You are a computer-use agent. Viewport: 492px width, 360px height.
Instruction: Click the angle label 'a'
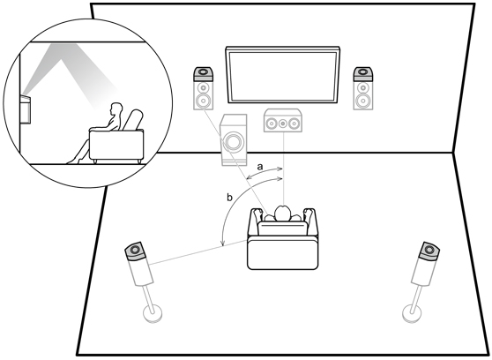pos(260,167)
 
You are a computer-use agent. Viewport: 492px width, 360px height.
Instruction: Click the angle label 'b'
pos(229,198)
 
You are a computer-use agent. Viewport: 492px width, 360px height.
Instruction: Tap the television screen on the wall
pos(283,75)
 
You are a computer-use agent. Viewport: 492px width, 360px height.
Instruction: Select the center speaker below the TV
pos(283,121)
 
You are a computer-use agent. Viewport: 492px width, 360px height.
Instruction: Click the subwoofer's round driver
pos(233,142)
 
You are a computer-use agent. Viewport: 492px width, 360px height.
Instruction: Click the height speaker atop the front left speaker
pos(204,74)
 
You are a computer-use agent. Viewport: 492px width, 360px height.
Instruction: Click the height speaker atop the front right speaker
pos(363,74)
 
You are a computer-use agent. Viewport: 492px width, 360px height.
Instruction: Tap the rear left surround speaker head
pos(136,251)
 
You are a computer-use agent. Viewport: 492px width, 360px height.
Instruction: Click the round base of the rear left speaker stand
pos(153,313)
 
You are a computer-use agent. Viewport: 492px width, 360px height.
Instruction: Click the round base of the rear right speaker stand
pos(412,313)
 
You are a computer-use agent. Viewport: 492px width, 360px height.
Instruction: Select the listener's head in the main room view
pos(282,214)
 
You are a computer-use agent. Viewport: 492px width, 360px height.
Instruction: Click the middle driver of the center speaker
pos(283,123)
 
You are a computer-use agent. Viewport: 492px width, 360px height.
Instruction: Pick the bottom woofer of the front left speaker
pos(204,101)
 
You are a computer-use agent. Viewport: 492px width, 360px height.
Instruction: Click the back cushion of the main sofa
pos(282,229)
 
